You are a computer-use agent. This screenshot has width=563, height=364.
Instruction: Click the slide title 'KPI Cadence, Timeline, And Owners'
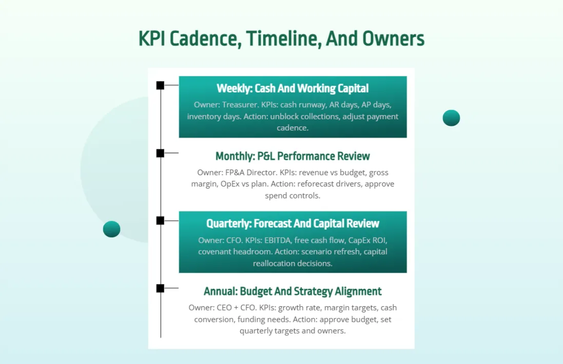click(281, 39)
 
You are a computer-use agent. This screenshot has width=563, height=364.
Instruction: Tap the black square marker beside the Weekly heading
click(160, 85)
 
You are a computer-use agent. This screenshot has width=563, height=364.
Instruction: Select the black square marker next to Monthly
click(160, 153)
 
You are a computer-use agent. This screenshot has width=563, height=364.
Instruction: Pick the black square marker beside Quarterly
click(160, 221)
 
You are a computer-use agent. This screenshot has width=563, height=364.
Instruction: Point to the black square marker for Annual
click(160, 288)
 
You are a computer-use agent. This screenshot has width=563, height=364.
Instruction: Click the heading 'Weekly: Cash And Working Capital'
click(292, 88)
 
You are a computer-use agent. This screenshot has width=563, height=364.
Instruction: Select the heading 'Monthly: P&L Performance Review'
click(292, 156)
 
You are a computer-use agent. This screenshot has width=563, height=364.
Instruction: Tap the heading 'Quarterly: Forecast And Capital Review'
click(292, 224)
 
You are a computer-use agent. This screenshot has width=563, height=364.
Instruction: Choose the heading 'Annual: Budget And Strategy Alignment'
click(292, 291)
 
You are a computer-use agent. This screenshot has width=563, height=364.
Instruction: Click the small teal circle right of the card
click(451, 118)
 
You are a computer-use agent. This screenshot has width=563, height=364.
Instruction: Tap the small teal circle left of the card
click(112, 229)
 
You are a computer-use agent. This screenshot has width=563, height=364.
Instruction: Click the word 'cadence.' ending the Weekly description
click(292, 128)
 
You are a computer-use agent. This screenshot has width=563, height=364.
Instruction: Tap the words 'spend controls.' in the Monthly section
click(292, 195)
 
